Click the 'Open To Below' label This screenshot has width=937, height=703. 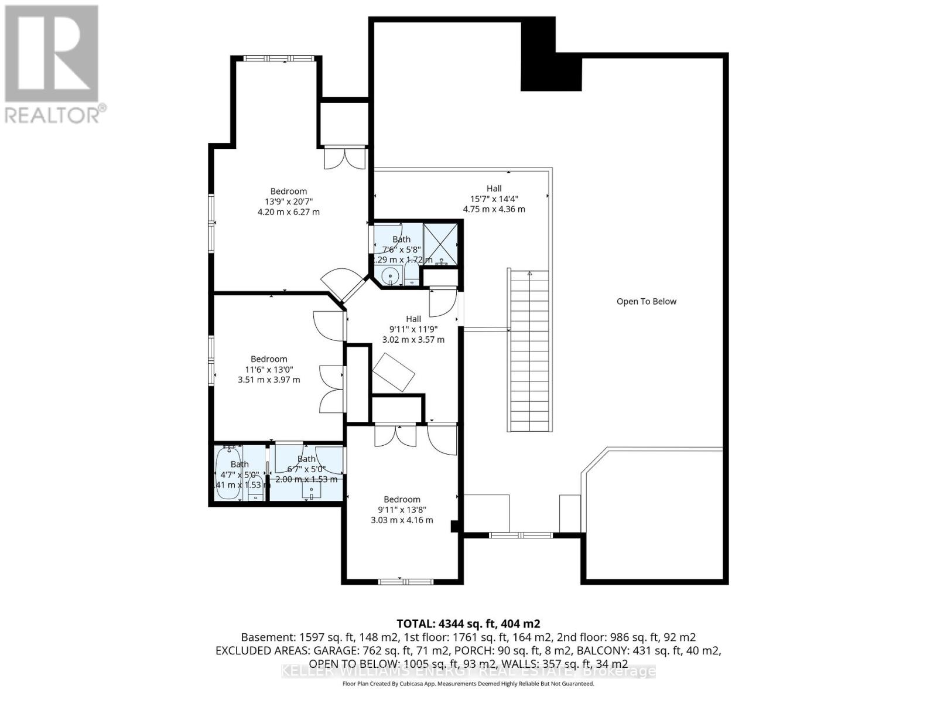pos(646,302)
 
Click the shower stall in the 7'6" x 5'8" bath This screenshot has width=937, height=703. pos(440,244)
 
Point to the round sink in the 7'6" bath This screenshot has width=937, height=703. pos(389,275)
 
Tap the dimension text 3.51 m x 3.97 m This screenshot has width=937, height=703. pos(269,380)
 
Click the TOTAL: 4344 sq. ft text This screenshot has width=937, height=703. pos(468,623)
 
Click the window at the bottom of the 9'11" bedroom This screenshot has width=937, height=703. pos(405,582)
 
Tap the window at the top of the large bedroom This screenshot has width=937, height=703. pos(278,58)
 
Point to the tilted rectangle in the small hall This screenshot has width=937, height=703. pos(394,372)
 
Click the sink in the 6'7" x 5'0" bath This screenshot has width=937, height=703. pos(312,491)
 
